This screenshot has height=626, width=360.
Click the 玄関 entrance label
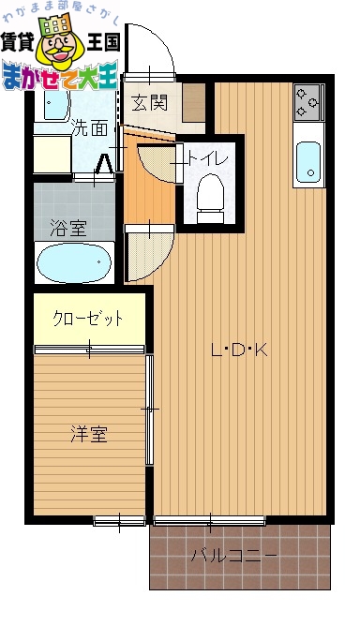point(150,102)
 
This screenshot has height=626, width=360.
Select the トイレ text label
point(208,157)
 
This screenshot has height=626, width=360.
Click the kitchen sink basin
point(308,162)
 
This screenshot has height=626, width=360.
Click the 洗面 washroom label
point(90,128)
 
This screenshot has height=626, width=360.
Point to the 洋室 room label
point(90,434)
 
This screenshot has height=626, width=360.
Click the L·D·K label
point(240,351)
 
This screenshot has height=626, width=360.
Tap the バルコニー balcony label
point(234,555)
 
